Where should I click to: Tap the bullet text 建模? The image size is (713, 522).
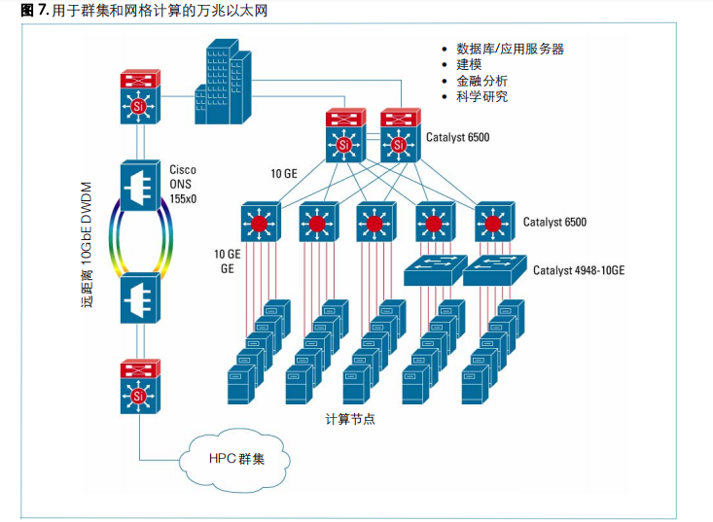click(x=469, y=65)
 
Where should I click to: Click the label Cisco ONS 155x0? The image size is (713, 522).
click(x=183, y=184)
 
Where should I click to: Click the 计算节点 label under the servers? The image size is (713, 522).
click(x=350, y=420)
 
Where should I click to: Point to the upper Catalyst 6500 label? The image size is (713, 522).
click(x=457, y=137)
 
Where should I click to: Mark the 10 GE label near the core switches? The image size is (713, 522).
click(x=283, y=173)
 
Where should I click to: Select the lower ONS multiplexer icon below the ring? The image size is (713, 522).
click(x=140, y=299)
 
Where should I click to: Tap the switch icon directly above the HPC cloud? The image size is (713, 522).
click(x=139, y=387)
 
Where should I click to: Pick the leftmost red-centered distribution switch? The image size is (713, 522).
click(x=260, y=223)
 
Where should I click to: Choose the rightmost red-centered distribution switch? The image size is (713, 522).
click(x=493, y=223)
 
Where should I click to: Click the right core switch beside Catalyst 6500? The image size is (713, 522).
click(x=398, y=136)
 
